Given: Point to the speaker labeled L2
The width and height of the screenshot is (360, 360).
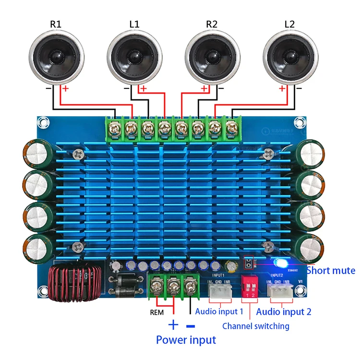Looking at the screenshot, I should click(291, 57).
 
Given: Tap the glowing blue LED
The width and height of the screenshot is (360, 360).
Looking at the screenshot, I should click(279, 263).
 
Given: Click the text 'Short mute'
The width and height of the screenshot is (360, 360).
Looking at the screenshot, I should click(331, 270).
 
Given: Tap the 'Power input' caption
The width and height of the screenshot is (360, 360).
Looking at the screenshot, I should click(186, 340).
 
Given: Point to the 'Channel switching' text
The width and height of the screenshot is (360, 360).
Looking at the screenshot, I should click(255, 326).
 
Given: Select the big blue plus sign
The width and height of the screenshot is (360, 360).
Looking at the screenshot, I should click(173, 325).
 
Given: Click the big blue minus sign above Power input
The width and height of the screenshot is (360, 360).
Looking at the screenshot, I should click(191, 325).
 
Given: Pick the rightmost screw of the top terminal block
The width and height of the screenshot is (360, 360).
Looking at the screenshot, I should click(232, 128).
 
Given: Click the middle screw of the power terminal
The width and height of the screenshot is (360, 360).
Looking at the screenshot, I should click(173, 287).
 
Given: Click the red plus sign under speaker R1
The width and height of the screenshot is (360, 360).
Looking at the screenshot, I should click(65, 89).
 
